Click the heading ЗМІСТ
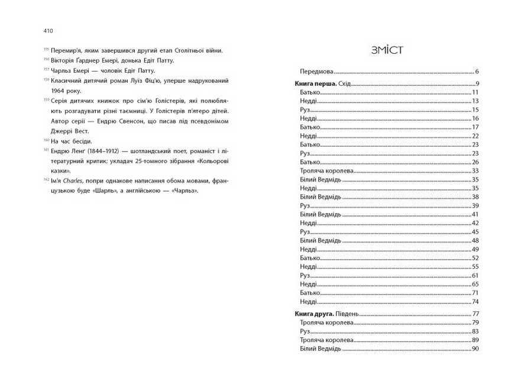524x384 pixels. tap(387, 50)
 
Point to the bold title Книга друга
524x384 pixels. tap(314, 313)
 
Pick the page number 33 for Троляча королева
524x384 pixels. tap(475, 170)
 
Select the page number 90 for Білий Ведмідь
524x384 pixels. tap(475, 349)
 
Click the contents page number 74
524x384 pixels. tap(475, 301)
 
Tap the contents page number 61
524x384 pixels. tap(475, 276)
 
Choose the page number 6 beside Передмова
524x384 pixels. tap(476, 70)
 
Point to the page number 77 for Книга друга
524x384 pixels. tap(475, 313)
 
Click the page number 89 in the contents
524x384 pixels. tap(475, 340)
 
